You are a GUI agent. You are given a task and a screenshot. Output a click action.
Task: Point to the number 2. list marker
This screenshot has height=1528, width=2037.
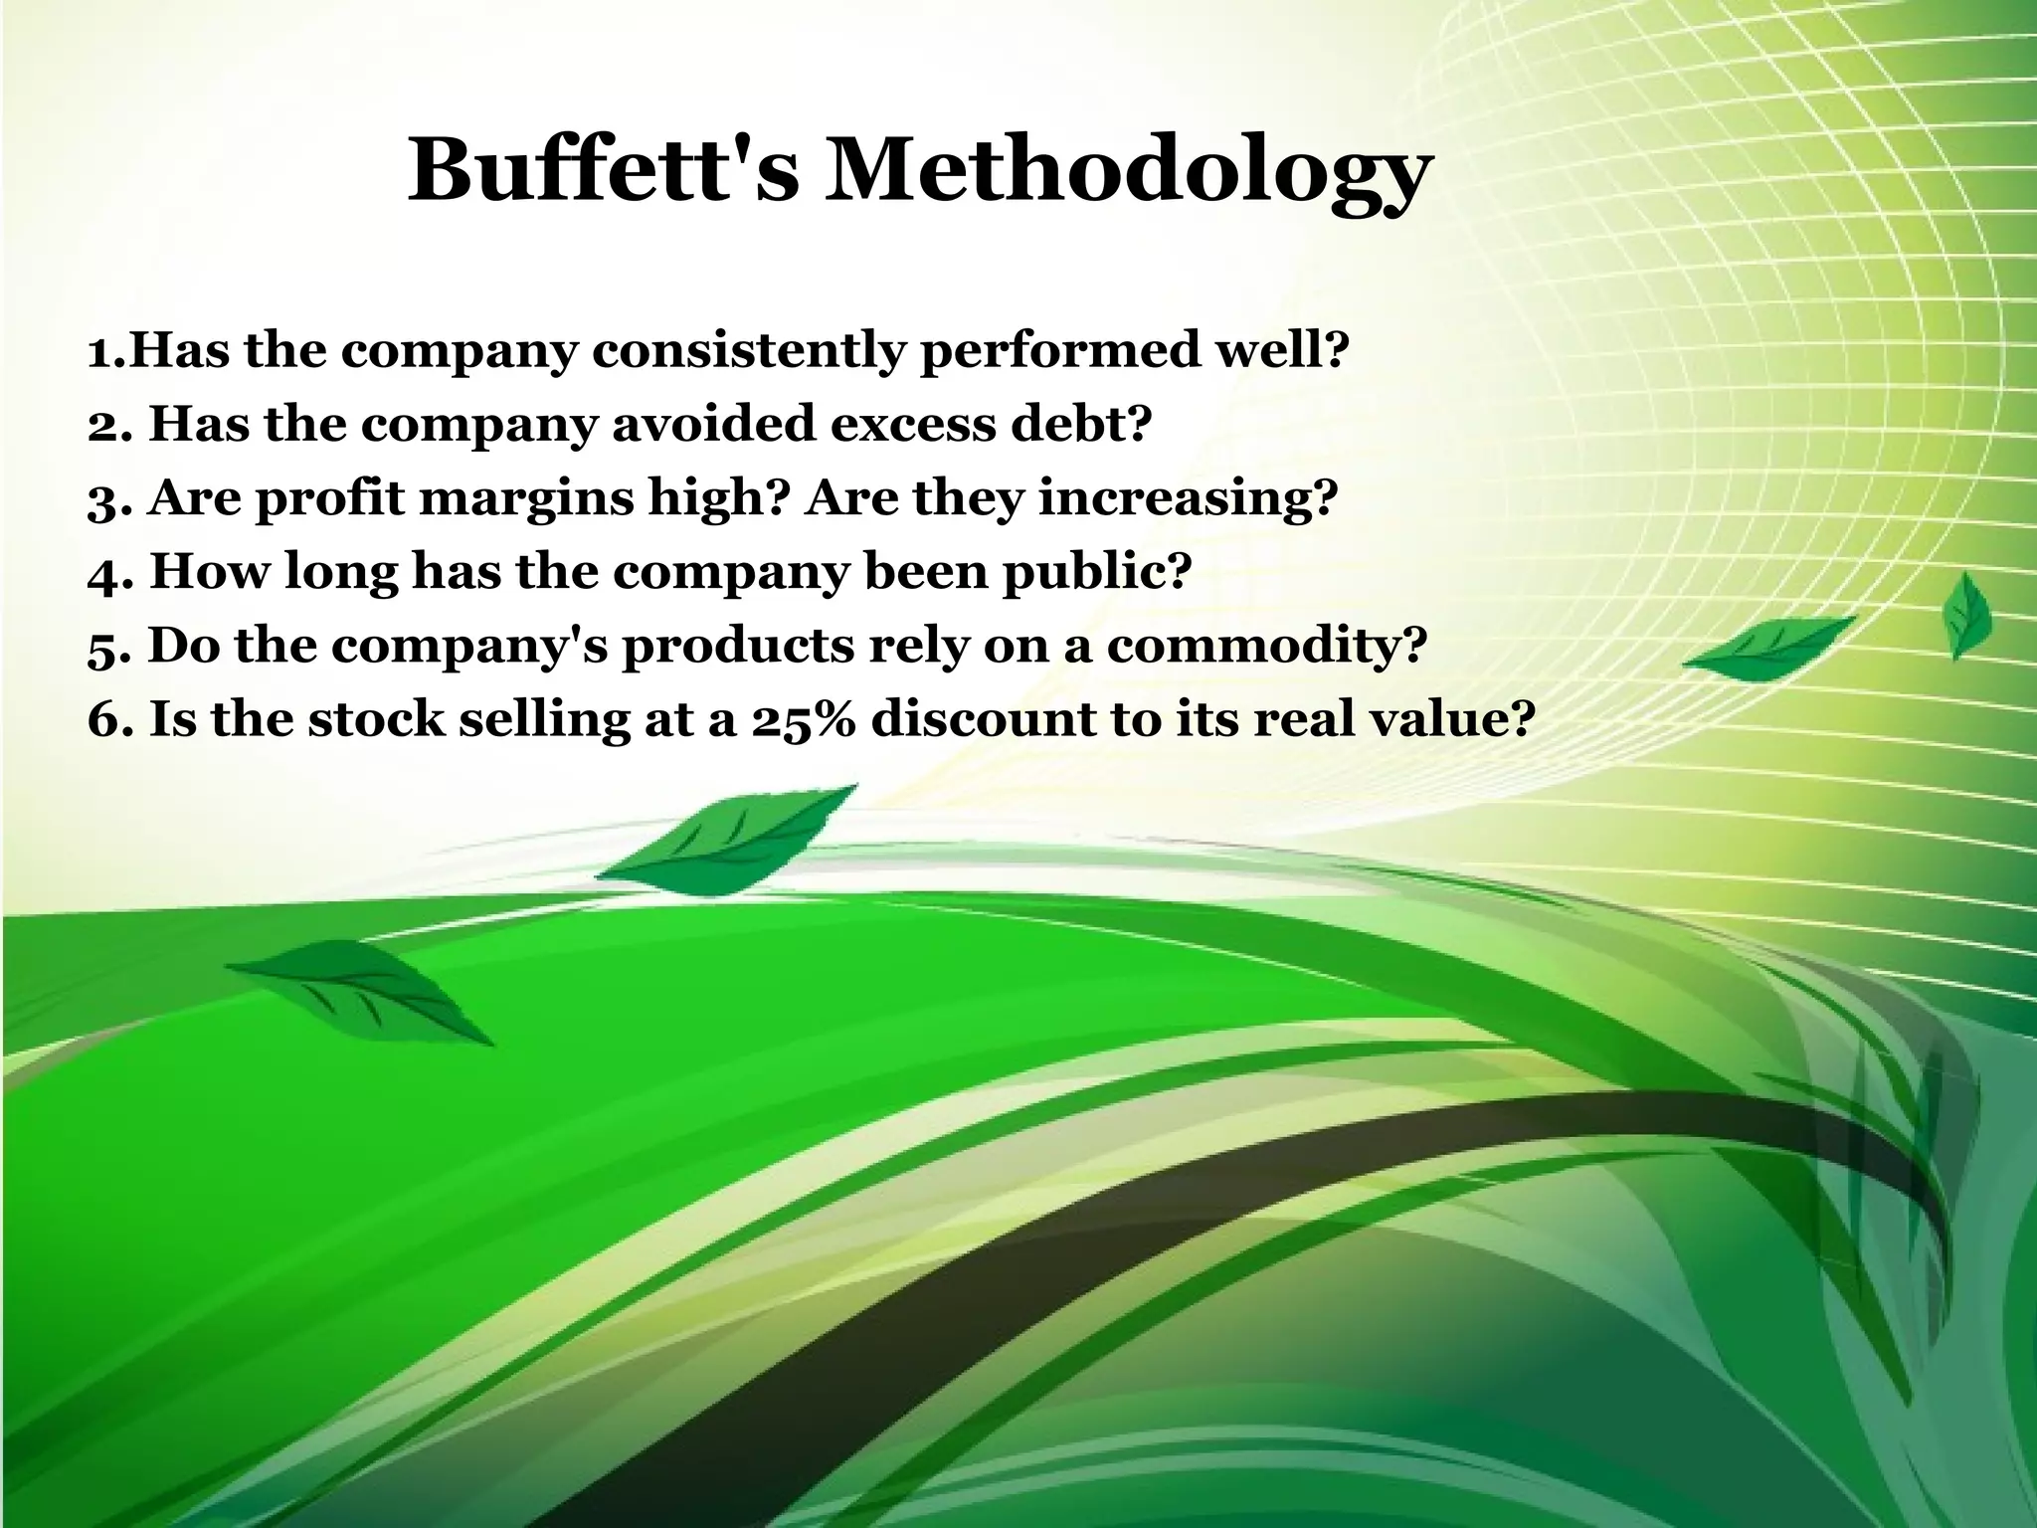(x=110, y=425)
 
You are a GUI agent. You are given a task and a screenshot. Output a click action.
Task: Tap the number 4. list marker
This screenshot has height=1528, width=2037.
(x=110, y=572)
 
